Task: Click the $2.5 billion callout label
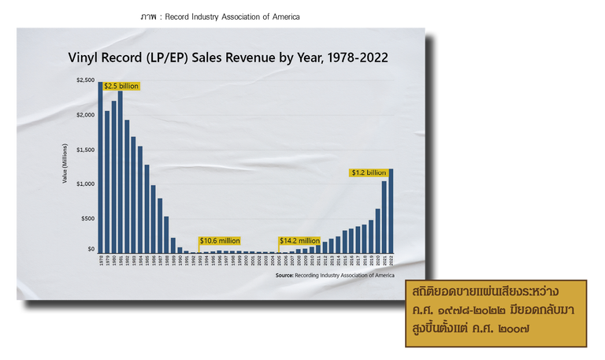tap(121, 85)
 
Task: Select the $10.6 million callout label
tap(220, 240)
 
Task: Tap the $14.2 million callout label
tap(299, 240)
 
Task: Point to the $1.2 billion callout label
tap(368, 172)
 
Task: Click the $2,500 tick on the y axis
tap(85, 80)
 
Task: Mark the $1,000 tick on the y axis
tap(85, 184)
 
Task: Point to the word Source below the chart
tap(284, 276)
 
